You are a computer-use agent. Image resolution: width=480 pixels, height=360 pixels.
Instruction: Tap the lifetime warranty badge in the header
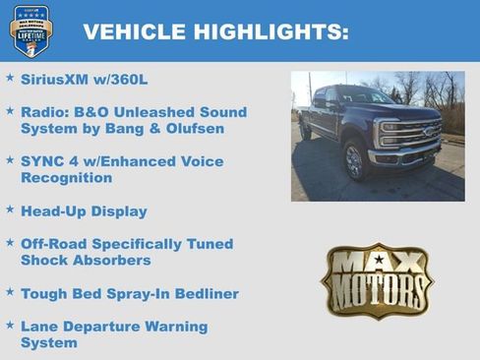[30, 30]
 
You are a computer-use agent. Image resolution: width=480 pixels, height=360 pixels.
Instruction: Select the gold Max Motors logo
[377, 281]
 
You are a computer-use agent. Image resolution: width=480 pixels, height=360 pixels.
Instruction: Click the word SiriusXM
[53, 78]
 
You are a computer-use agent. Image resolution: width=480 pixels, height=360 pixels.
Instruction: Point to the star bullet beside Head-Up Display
[10, 210]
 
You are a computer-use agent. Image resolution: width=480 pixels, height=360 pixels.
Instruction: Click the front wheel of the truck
[355, 160]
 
